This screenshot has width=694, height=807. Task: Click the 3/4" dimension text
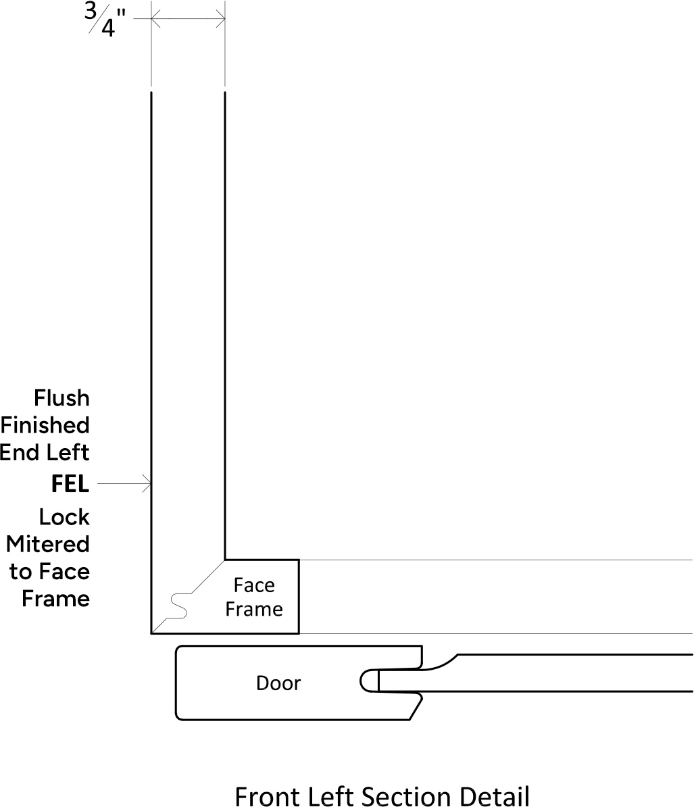[105, 20]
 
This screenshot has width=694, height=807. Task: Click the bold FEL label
[70, 484]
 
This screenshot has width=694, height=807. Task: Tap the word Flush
[61, 398]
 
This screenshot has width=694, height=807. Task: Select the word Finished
[45, 425]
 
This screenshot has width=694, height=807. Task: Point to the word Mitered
[48, 544]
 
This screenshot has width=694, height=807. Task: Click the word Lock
[64, 517]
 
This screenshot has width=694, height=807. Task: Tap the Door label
[278, 683]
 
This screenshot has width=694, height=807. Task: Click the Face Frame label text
[254, 597]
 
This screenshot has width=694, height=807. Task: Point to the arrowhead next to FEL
[147, 484]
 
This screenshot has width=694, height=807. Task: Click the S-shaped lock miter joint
[178, 606]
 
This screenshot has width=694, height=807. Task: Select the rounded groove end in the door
[369, 681]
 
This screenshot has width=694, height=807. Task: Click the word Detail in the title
[494, 796]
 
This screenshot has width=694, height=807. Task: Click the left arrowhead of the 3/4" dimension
[155, 20]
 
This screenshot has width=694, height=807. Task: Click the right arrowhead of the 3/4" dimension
[221, 20]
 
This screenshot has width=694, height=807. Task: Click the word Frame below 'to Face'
[55, 599]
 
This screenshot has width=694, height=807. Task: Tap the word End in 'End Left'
[18, 452]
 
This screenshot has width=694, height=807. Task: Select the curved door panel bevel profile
[440, 662]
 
